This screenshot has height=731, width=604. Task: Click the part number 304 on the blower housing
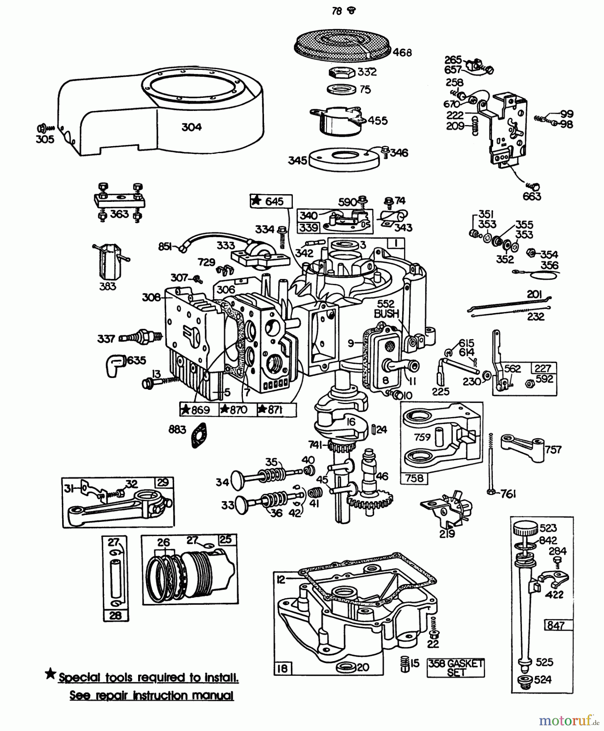(x=191, y=127)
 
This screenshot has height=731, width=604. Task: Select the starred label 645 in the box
(x=271, y=201)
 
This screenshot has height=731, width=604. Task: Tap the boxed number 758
(x=414, y=478)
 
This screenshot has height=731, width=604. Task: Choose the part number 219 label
(x=447, y=534)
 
